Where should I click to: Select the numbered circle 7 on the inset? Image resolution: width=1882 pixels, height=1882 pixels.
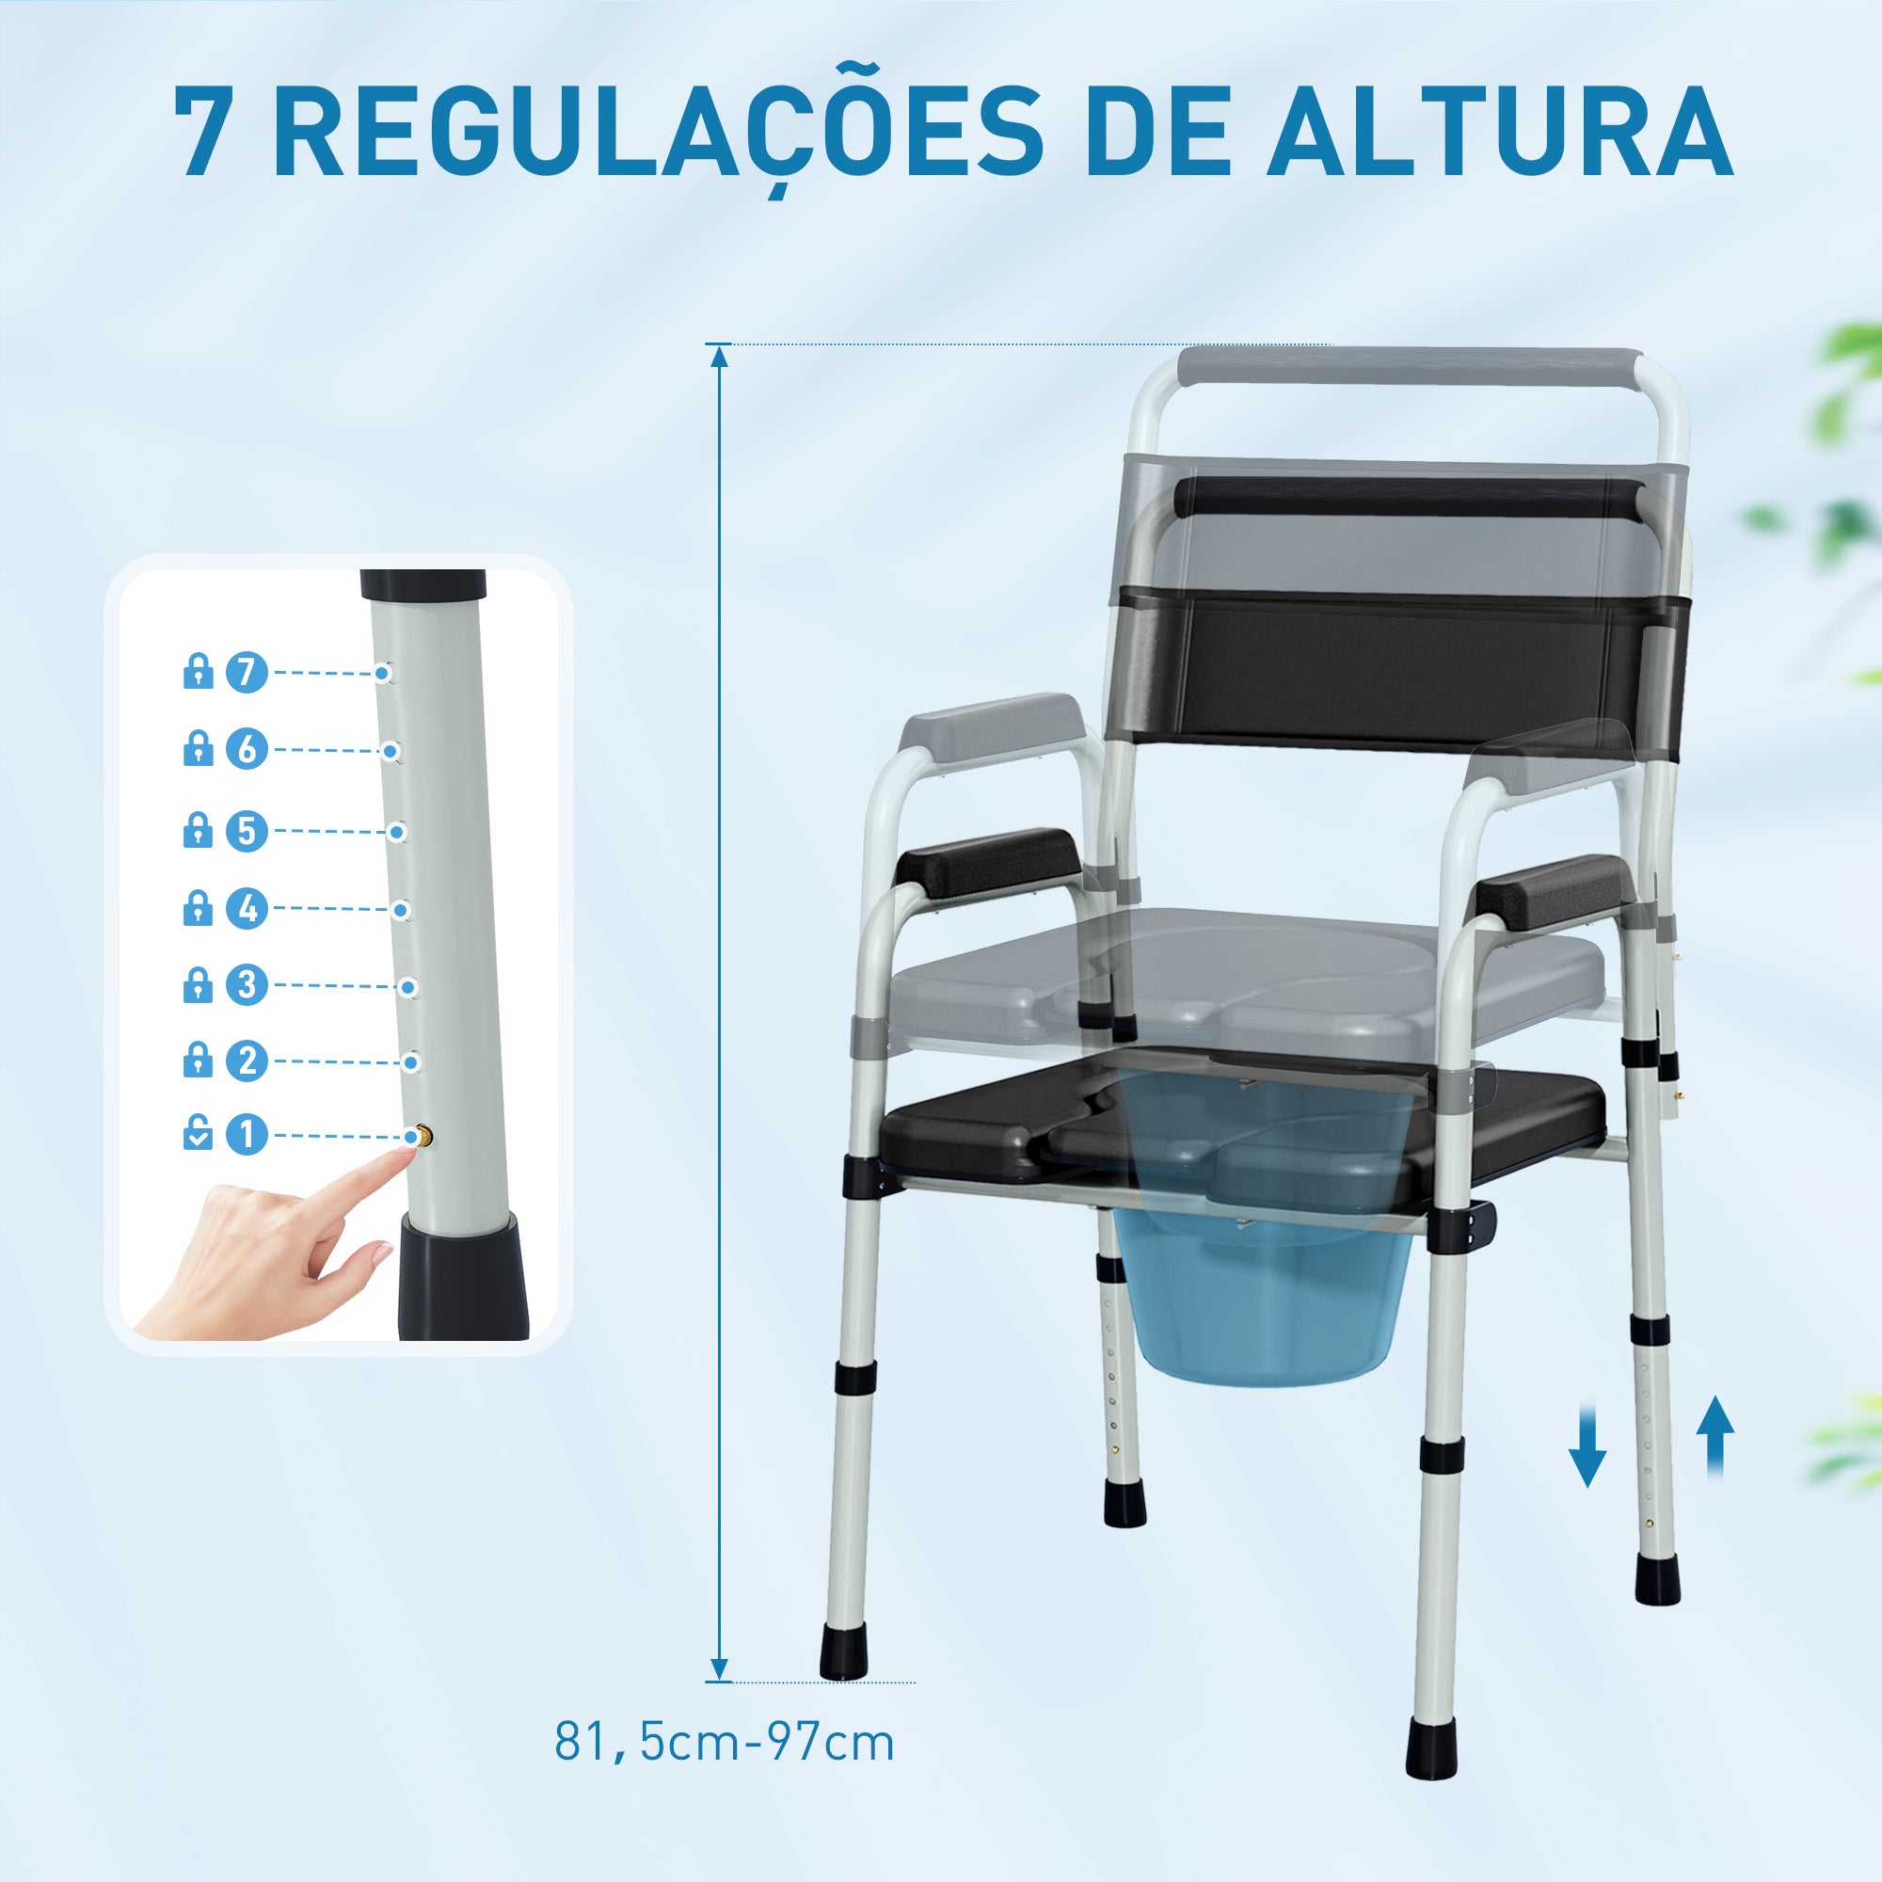247,671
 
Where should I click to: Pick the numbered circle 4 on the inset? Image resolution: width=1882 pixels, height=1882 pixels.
247,908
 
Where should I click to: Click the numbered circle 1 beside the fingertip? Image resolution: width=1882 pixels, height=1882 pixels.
247,1135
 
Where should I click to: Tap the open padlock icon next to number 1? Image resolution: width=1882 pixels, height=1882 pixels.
198,1135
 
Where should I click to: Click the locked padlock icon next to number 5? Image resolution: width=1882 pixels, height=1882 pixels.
198,830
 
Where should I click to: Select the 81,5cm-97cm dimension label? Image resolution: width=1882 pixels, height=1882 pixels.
724,1743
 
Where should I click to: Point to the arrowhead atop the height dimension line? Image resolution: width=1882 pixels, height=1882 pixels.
720,355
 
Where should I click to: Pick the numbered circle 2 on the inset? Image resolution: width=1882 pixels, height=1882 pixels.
247,1060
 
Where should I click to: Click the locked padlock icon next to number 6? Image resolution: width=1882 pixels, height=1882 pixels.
198,749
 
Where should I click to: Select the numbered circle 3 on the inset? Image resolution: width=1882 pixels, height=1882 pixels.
247,985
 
